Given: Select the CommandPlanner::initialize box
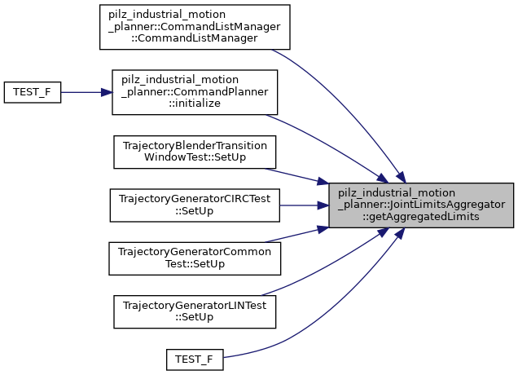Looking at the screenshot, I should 195,91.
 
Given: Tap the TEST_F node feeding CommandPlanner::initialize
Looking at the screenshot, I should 33,91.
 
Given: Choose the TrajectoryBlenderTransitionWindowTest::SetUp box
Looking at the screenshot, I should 195,152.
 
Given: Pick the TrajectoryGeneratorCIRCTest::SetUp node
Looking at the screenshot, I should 195,205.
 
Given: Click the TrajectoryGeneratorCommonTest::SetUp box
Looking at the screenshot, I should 195,257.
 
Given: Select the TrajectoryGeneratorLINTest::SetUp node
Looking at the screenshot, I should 195,309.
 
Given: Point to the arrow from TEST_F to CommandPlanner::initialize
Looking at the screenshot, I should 86,91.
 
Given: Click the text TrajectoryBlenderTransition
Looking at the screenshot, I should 195,146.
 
